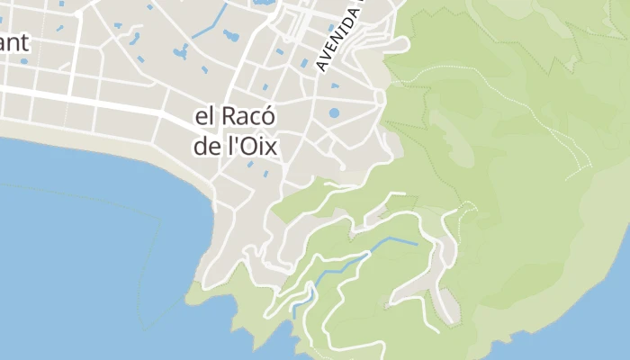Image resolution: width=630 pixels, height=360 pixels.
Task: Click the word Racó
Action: pos(248,118)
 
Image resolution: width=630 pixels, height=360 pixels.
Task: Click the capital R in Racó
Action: pos(229,118)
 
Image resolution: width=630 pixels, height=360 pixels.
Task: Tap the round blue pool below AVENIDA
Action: pos(334,114)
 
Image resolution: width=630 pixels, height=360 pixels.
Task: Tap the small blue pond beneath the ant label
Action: pos(23,61)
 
